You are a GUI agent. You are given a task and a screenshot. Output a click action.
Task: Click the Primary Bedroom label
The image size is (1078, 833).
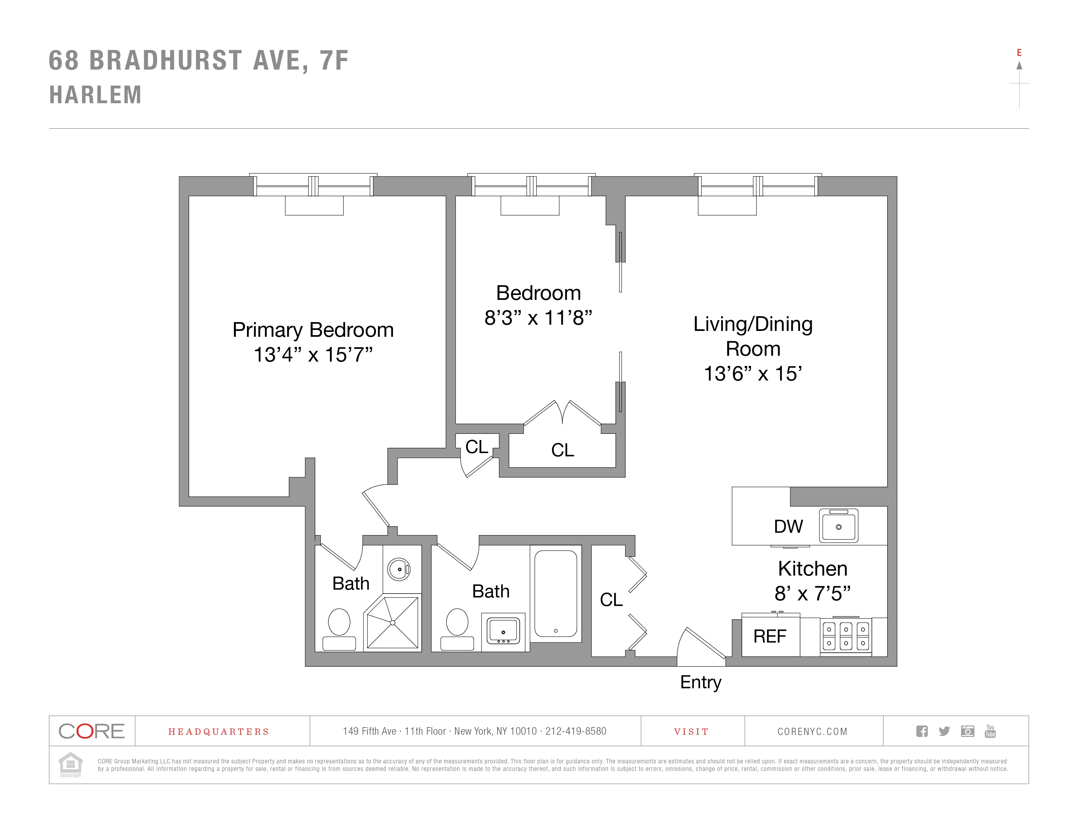[x=313, y=330]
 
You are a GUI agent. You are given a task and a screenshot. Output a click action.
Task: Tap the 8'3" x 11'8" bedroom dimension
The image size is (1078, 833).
[x=538, y=318]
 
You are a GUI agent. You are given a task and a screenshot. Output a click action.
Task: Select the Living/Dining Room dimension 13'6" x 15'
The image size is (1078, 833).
[x=753, y=374]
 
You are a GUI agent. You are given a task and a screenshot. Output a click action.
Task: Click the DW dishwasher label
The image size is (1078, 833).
[x=788, y=527]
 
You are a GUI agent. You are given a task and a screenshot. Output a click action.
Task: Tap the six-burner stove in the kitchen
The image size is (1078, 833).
[x=846, y=637]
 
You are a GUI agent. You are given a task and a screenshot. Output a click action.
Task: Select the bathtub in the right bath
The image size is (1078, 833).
[x=556, y=593]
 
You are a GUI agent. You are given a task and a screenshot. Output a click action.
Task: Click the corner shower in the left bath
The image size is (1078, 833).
[x=392, y=623]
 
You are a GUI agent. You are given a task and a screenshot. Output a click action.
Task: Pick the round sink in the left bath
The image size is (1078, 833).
[x=399, y=569]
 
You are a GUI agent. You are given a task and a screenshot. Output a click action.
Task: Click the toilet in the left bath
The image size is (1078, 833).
[x=339, y=629]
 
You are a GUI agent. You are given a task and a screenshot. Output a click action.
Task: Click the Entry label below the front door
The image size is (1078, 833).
[x=700, y=682]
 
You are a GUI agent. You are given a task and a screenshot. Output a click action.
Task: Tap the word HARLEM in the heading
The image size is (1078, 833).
[x=96, y=95]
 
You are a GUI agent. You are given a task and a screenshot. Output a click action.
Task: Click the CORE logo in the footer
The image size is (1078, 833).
[x=92, y=731]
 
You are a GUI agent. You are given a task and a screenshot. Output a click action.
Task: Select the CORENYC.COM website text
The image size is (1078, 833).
[x=812, y=731]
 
